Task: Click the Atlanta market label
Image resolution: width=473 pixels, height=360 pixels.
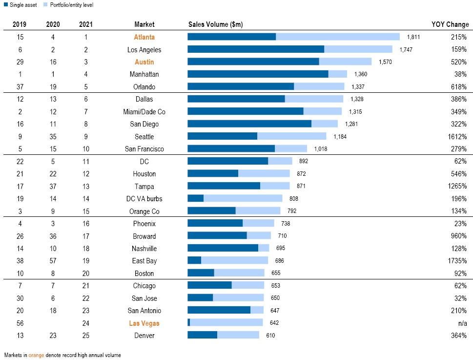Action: coord(144,37)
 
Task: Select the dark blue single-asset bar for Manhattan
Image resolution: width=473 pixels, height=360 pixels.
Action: coord(258,74)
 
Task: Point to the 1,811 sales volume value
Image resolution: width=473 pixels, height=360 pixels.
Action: coord(413,37)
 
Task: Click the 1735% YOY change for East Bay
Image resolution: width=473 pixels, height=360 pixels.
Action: coord(456,261)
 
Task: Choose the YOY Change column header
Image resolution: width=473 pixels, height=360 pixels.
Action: coord(450,24)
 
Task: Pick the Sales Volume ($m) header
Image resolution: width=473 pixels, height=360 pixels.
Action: coord(215,24)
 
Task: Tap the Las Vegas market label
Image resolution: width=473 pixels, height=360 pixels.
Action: coord(144,323)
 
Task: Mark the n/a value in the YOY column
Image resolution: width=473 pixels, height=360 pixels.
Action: coord(462,323)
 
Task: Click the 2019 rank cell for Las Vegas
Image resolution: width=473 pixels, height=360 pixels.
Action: coord(20,323)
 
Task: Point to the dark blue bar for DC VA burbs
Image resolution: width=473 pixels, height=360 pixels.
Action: coord(195,199)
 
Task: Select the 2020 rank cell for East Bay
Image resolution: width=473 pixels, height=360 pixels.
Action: coord(53,261)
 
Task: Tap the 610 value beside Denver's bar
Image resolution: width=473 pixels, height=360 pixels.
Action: coord(270,336)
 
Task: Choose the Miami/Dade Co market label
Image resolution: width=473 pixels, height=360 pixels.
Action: coord(144,112)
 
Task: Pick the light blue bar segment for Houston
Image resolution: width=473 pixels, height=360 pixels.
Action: coord(264,174)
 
